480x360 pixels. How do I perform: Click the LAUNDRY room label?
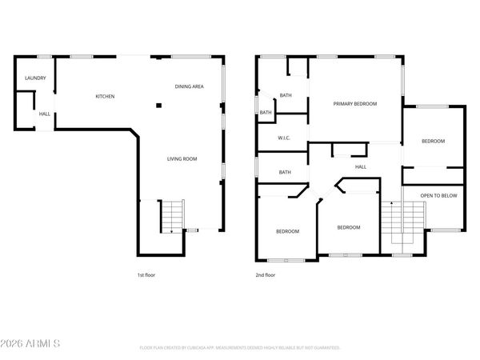pyautogui.click(x=34, y=78)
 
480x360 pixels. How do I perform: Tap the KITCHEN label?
pyautogui.click(x=105, y=96)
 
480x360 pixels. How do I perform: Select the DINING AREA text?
pyautogui.click(x=189, y=86)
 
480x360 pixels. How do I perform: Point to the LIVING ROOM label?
pyautogui.click(x=182, y=158)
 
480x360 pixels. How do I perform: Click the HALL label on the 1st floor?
pyautogui.click(x=45, y=114)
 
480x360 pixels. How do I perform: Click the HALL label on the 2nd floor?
pyautogui.click(x=361, y=166)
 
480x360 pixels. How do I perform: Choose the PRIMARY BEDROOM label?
pyautogui.click(x=354, y=103)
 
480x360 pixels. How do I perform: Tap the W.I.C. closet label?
pyautogui.click(x=283, y=138)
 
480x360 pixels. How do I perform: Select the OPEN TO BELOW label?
pyautogui.click(x=438, y=194)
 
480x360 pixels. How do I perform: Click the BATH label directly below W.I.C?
pyautogui.click(x=285, y=172)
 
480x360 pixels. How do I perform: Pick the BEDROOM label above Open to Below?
pyautogui.click(x=433, y=141)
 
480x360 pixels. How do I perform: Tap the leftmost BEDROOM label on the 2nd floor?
pyautogui.click(x=287, y=231)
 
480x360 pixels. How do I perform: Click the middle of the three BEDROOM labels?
pyautogui.click(x=348, y=227)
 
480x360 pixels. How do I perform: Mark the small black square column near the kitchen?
pyautogui.click(x=158, y=104)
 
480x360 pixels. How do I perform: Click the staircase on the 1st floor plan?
pyautogui.click(x=171, y=217)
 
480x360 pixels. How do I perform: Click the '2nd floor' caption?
pyautogui.click(x=265, y=274)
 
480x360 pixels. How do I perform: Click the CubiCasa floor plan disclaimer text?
pyautogui.click(x=240, y=348)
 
